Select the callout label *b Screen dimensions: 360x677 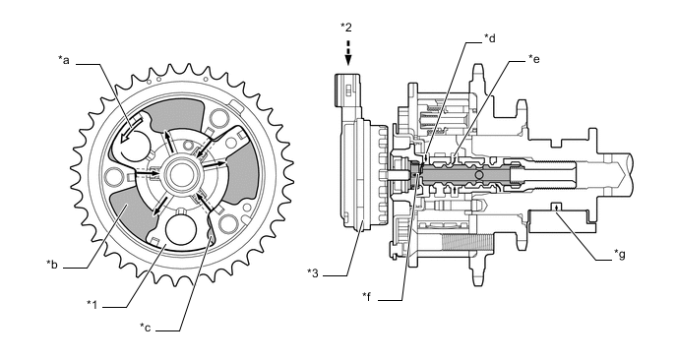click(x=53, y=264)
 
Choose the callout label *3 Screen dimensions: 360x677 click(x=314, y=271)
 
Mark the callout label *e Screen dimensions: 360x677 click(x=534, y=59)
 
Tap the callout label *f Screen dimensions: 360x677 click(x=367, y=295)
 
